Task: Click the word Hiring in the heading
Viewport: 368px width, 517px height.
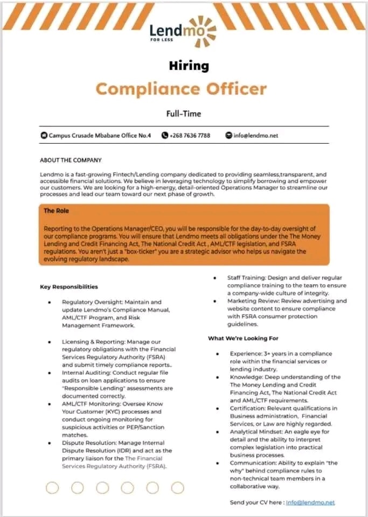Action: point(188,66)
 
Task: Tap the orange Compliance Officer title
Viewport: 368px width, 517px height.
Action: point(181,88)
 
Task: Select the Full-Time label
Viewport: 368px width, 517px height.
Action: point(184,113)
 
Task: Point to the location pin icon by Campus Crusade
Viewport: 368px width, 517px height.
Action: point(44,135)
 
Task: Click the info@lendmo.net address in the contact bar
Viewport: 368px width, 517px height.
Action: point(255,135)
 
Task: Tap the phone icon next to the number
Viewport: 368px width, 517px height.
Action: point(165,135)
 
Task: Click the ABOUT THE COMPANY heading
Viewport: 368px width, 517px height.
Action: point(71,160)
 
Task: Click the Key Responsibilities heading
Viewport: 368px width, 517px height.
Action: point(69,287)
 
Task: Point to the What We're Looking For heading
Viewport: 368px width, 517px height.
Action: point(243,338)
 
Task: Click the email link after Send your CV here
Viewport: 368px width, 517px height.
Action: point(310,502)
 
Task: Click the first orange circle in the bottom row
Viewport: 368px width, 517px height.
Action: point(52,488)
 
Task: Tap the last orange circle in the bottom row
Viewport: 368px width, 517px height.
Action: point(177,488)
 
